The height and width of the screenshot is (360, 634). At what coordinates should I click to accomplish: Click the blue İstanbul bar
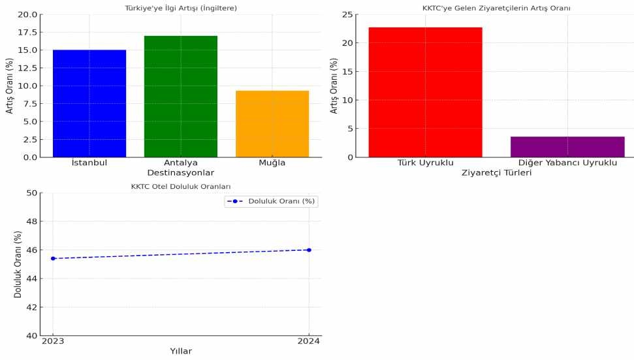(89, 103)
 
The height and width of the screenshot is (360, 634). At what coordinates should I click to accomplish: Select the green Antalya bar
(181, 96)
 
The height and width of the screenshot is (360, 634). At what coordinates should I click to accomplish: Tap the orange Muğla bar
(272, 123)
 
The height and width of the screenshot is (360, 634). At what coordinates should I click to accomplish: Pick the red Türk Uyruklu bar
(425, 92)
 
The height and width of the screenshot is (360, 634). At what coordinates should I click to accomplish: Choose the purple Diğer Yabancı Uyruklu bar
(567, 146)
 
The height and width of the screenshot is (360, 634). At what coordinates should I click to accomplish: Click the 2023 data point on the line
(53, 258)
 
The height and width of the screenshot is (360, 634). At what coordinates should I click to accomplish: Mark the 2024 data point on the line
(309, 250)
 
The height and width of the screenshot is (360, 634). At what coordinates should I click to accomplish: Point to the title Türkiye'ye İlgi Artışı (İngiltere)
(181, 8)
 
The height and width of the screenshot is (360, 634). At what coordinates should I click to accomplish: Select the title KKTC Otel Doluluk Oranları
(181, 187)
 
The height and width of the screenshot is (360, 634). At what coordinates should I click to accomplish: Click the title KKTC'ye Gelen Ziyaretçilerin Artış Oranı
(496, 8)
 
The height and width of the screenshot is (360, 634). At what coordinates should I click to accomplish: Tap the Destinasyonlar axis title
(181, 172)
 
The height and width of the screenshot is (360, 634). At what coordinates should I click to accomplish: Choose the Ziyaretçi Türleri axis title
(496, 172)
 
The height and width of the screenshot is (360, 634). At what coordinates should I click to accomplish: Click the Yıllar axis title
(181, 351)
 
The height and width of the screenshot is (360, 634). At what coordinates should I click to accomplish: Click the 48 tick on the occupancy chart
(31, 221)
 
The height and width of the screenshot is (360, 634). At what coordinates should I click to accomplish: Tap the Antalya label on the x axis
(181, 162)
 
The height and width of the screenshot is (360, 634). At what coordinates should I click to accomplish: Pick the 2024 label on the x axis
(309, 340)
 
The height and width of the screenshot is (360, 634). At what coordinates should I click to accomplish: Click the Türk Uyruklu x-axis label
(425, 162)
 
